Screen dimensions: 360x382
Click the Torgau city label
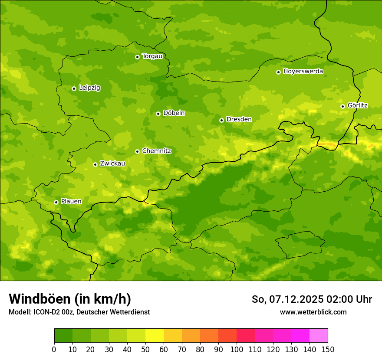point(152,56)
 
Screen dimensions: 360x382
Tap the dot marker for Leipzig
point(74,88)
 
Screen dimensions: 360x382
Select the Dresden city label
point(239,119)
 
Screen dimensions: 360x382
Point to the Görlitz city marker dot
point(342,106)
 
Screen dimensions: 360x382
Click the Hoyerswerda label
point(303,72)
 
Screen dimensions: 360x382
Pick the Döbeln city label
point(174,113)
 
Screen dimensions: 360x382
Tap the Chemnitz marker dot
point(137,151)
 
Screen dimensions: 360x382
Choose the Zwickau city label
point(112,164)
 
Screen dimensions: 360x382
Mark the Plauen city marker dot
point(56,202)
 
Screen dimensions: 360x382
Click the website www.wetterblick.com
point(313,312)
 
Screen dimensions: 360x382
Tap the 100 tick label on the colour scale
point(237,349)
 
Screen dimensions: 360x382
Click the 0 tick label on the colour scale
point(54,349)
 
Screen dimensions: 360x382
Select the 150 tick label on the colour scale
point(328,349)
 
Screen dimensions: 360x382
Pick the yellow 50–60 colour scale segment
point(155,336)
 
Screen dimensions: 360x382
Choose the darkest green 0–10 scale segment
point(63,336)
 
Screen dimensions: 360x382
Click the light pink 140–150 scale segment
point(319,336)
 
